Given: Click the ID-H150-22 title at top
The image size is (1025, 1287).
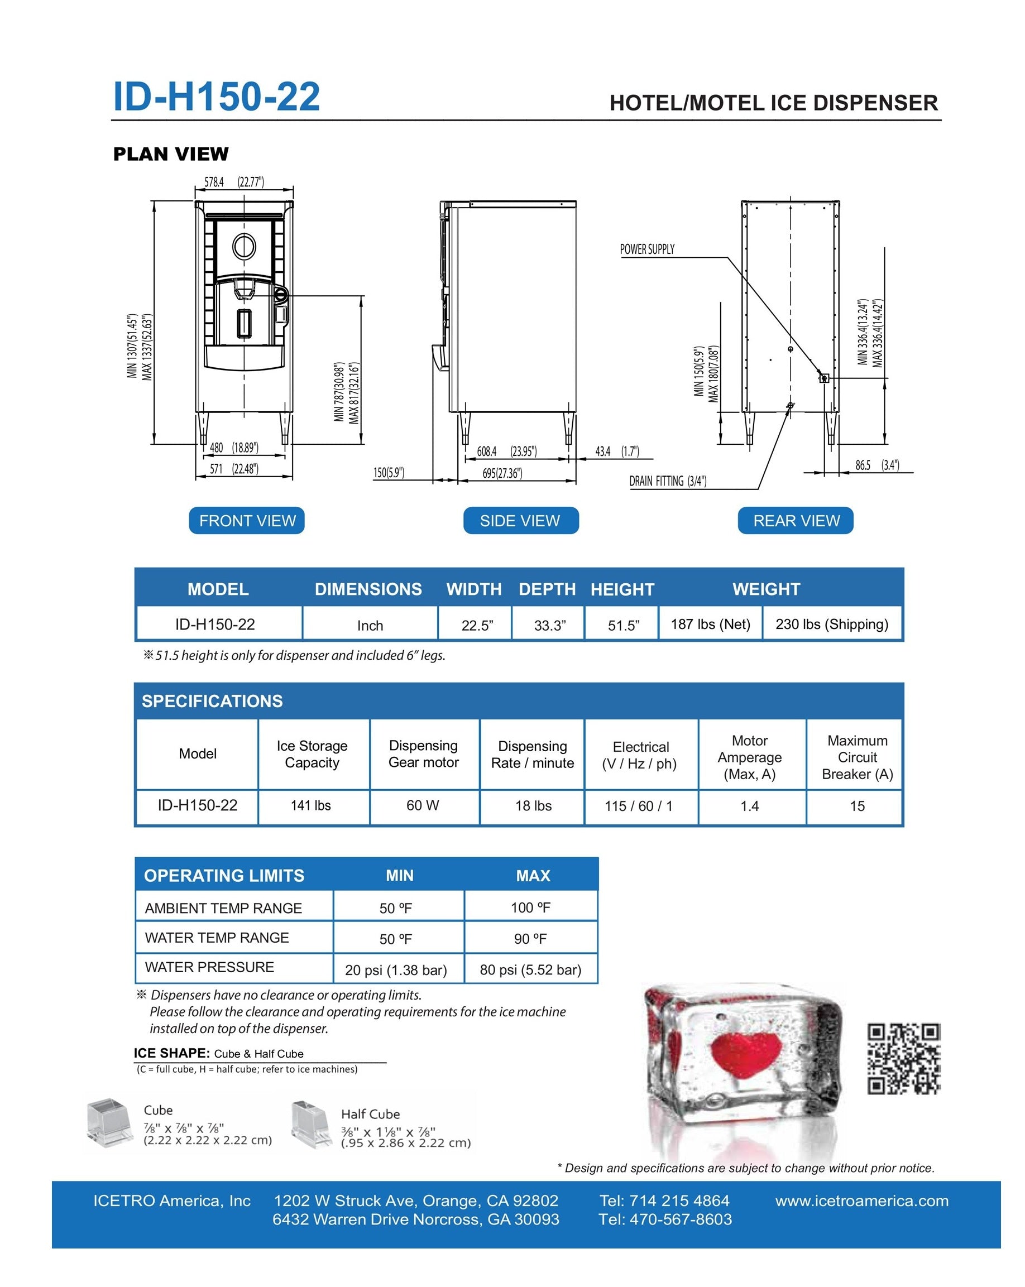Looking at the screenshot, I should tap(216, 97).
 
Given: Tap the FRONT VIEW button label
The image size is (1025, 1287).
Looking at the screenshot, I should tap(247, 521).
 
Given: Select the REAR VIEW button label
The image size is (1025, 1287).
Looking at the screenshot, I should tap(796, 521).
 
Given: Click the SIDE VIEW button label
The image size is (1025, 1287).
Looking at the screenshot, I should tap(520, 521).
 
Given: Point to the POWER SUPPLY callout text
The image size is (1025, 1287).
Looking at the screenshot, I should tap(647, 249).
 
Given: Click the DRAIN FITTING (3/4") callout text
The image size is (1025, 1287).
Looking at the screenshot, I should tap(667, 481).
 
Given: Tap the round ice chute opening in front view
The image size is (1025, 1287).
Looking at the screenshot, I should tap(244, 246).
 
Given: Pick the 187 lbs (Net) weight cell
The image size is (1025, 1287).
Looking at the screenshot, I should tap(710, 624).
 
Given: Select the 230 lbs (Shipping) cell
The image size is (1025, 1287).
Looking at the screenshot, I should tap(832, 624).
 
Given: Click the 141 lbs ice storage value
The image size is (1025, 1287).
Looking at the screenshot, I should tap(310, 805).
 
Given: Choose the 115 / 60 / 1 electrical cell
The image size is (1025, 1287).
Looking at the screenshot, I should tap(638, 806).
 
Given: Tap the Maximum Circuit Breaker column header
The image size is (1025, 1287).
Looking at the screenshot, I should tap(858, 757).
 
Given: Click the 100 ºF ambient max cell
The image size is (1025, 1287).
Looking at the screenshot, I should tap(530, 907).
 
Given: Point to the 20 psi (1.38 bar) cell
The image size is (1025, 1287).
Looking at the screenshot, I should tap(396, 970).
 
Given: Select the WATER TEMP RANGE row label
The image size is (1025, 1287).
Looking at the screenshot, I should tap(217, 938).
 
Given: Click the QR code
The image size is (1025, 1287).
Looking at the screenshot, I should tap(903, 1058).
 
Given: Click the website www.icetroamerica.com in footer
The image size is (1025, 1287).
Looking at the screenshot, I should tap(861, 1200).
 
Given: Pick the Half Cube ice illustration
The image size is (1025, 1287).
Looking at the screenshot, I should tap(311, 1125).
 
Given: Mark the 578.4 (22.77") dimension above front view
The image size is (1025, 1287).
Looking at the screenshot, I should tap(234, 182).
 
